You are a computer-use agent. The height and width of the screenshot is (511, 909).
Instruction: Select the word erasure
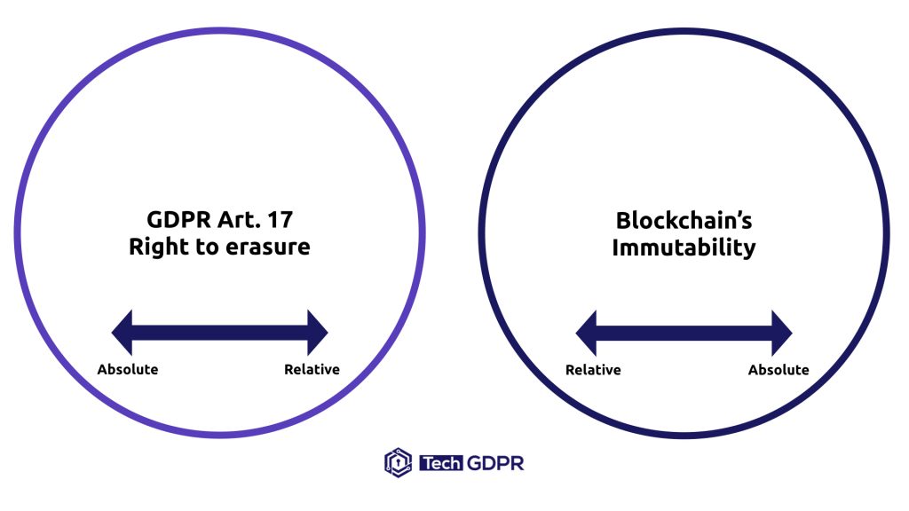[x=266, y=247]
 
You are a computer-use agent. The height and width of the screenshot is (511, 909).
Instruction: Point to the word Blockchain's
[x=684, y=220]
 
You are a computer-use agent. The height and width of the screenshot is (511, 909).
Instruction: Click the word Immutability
[x=684, y=247]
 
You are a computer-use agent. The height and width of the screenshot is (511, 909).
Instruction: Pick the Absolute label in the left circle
[x=128, y=369]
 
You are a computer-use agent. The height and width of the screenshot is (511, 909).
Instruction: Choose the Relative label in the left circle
[x=312, y=369]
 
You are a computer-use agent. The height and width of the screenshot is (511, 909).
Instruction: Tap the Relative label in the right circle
[x=593, y=369]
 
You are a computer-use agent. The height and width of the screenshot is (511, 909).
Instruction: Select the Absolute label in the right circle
[x=779, y=369]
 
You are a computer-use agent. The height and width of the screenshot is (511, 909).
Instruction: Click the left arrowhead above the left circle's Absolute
[x=123, y=333]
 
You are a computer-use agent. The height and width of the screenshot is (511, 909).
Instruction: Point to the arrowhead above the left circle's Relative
[x=317, y=333]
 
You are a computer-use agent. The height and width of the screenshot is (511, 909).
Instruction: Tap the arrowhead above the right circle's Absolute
[x=781, y=334]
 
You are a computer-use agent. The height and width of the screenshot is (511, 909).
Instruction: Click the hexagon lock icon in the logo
[x=398, y=462]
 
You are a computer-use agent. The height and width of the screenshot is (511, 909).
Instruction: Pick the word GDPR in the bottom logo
[x=494, y=463]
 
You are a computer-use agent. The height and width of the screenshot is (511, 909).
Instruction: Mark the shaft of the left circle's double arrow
[x=219, y=333]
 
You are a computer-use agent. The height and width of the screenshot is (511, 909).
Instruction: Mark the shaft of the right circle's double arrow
[x=684, y=334]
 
